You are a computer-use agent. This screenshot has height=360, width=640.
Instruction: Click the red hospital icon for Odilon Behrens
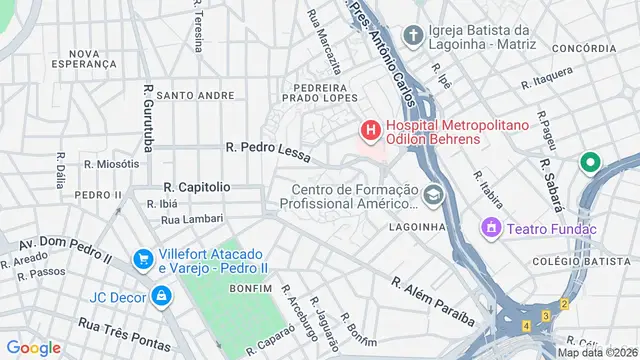[370, 130]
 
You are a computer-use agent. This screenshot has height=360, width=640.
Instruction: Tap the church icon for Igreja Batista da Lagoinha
[411, 35]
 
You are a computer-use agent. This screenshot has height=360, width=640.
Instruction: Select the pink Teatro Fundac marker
[491, 229]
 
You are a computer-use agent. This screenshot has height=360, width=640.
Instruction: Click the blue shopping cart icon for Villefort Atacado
[144, 259]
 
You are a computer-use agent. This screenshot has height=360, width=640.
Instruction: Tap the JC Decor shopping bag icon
[160, 296]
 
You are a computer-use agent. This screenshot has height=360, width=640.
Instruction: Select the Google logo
[33, 347]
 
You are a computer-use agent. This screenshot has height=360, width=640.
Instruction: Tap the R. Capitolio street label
[197, 187]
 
